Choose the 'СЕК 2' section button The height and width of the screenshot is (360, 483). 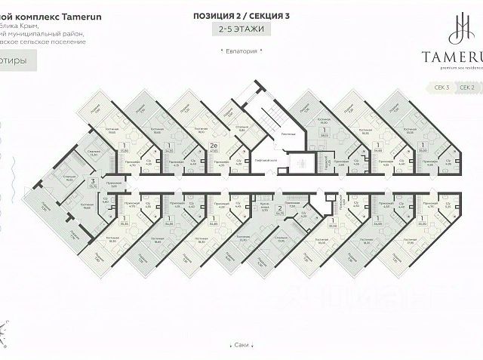[x=469, y=88]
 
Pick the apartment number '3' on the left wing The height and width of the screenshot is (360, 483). [x=92, y=181]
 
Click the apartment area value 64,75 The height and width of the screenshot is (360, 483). [x=279, y=214]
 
